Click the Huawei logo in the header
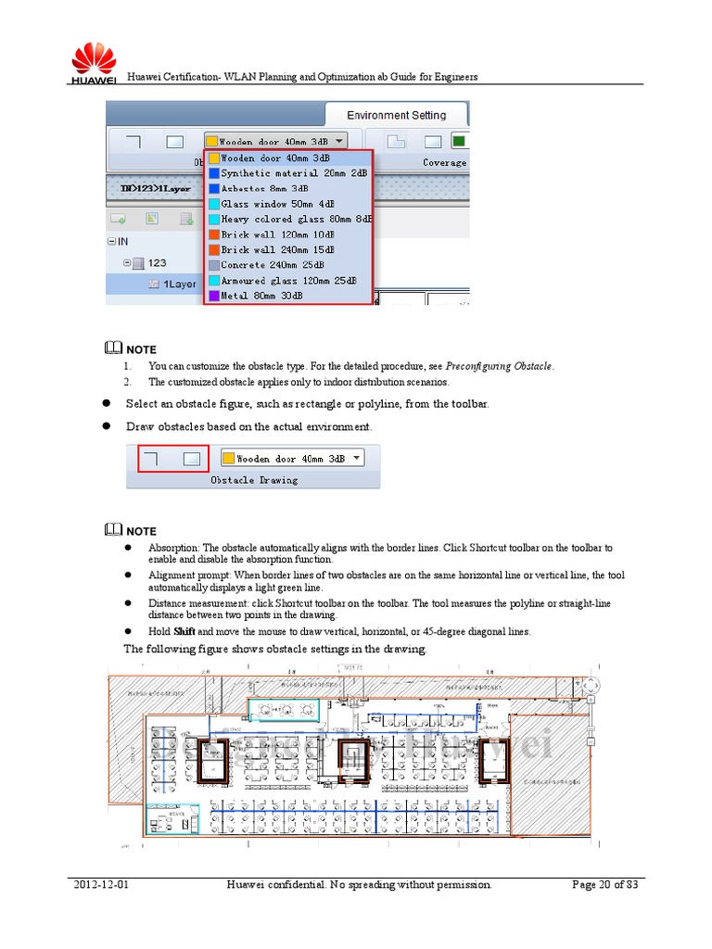coord(93,62)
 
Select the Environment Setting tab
coord(396,115)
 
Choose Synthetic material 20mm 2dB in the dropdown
coord(293,173)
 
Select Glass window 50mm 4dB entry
coord(277,204)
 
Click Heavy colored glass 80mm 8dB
coord(296,220)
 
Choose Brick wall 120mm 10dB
coord(277,234)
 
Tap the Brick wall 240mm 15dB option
coord(277,250)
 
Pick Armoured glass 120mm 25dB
coord(289,281)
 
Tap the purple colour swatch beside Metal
coord(213,296)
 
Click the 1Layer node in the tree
coord(179,285)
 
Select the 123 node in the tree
coord(157,263)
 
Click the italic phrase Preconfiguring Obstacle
coord(499,366)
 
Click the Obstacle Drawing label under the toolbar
coord(254,480)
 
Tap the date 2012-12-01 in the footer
coord(101,885)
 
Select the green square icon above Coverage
coord(458,142)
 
